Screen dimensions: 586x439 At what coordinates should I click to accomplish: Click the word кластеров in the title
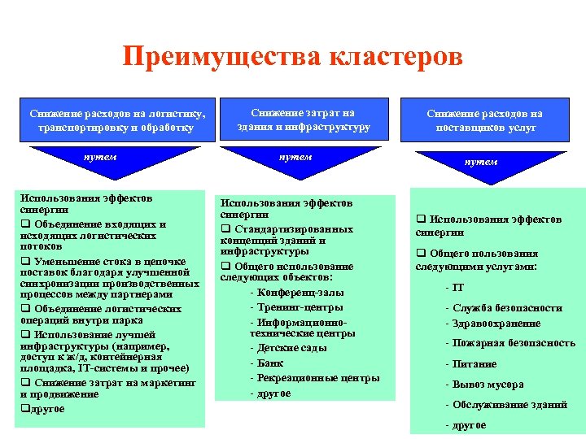point(396,57)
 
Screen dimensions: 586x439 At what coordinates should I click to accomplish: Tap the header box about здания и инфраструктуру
point(304,120)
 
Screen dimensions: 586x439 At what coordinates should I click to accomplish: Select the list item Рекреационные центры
point(314,378)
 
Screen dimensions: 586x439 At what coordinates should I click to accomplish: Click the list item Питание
point(477,364)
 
